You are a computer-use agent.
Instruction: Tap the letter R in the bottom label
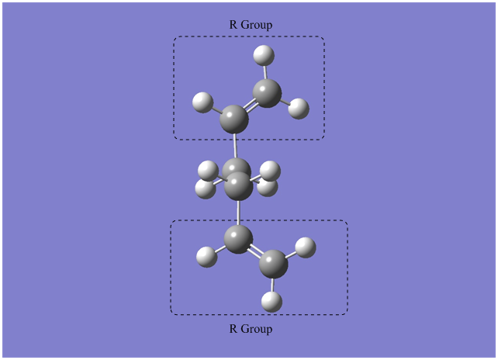pyautogui.click(x=233, y=328)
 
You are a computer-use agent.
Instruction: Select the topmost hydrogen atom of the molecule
pyautogui.click(x=264, y=56)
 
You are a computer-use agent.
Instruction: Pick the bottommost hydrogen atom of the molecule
pyautogui.click(x=271, y=302)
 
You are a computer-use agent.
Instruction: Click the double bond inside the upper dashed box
pyautogui.click(x=251, y=106)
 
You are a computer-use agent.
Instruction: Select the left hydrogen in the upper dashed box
pyautogui.click(x=202, y=102)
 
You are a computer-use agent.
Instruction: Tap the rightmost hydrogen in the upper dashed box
pyautogui.click(x=299, y=109)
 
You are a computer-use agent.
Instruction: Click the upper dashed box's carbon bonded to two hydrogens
pyautogui.click(x=267, y=93)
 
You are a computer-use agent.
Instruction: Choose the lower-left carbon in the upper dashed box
pyautogui.click(x=234, y=119)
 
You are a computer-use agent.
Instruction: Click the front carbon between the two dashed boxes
pyautogui.click(x=238, y=186)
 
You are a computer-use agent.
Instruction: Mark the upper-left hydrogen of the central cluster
pyautogui.click(x=208, y=171)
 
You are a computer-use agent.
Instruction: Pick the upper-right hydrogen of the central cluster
pyautogui.click(x=270, y=171)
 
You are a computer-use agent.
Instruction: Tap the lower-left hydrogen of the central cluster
pyautogui.click(x=205, y=189)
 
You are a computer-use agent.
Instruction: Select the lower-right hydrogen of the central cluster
pyautogui.click(x=268, y=188)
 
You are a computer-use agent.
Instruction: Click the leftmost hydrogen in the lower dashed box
pyautogui.click(x=207, y=257)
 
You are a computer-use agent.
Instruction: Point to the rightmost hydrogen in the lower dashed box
pyautogui.click(x=306, y=247)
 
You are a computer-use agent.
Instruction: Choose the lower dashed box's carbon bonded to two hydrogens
pyautogui.click(x=273, y=265)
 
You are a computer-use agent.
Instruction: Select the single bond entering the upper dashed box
pyautogui.click(x=235, y=146)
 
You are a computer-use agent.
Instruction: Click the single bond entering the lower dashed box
pyautogui.click(x=239, y=213)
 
